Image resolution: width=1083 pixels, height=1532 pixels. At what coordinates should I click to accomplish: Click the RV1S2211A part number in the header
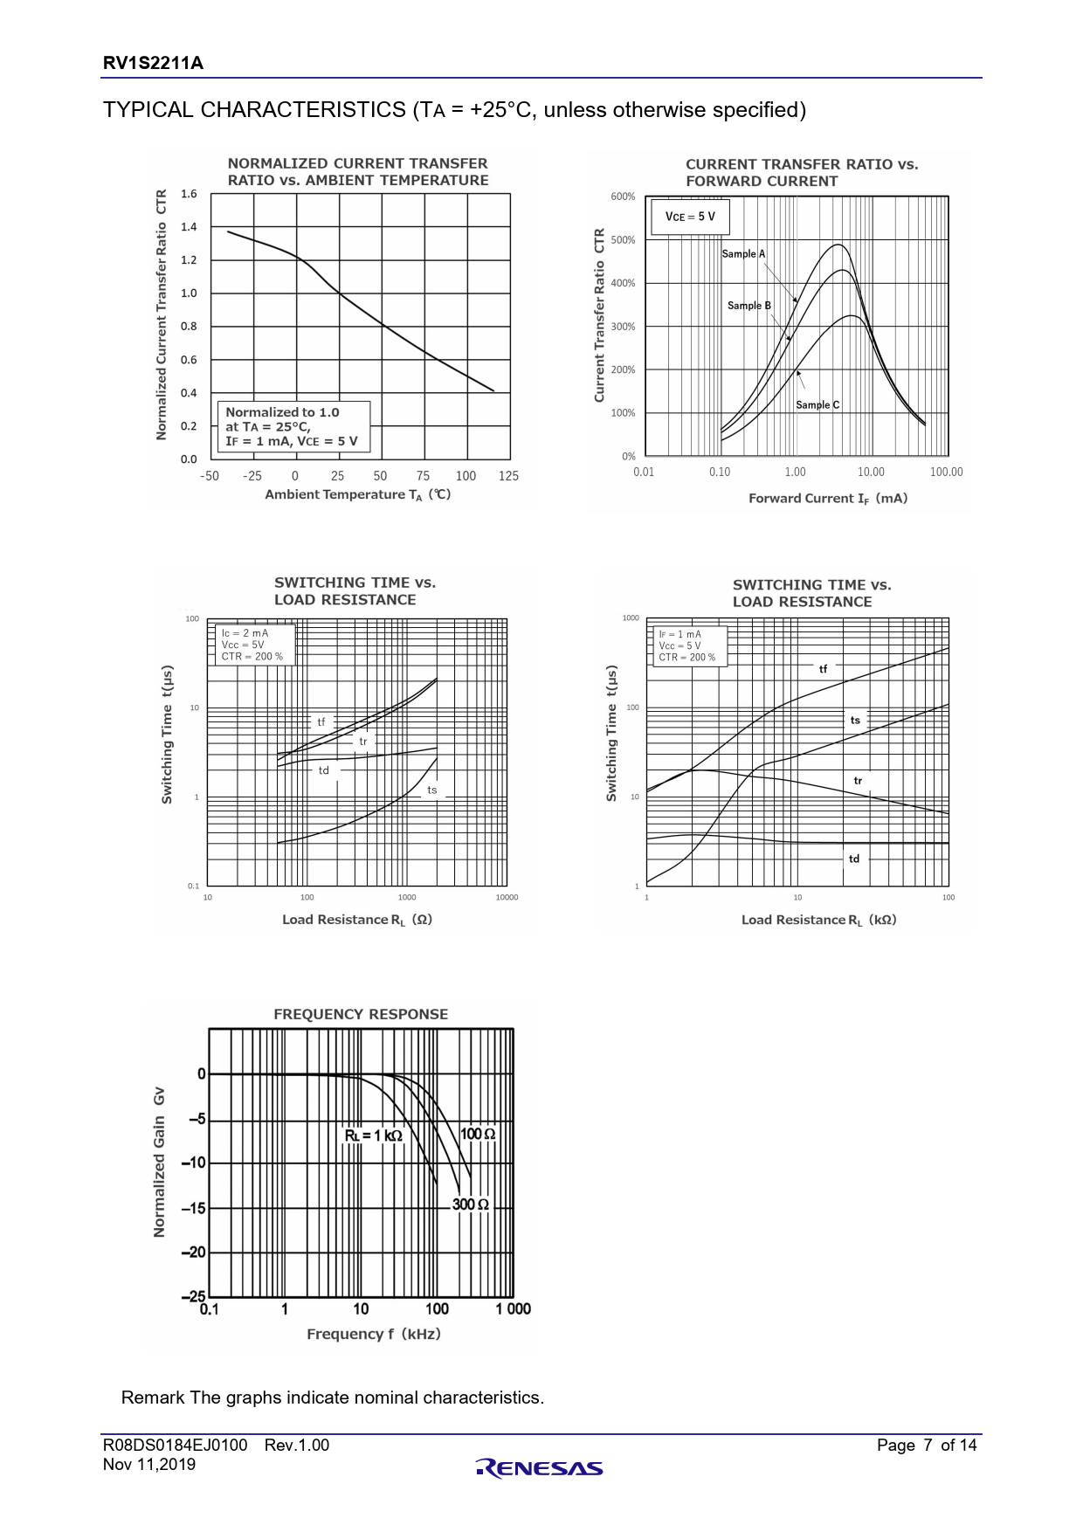(x=153, y=63)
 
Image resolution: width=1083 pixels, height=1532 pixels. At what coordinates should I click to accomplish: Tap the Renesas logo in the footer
(x=540, y=1468)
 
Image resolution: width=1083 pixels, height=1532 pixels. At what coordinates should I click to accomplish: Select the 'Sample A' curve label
(x=743, y=254)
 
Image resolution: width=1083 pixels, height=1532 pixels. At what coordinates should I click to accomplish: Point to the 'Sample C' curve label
(x=817, y=405)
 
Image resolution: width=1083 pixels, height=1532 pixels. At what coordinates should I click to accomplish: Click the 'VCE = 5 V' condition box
(x=690, y=217)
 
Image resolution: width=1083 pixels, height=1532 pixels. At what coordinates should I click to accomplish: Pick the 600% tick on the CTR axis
(x=623, y=197)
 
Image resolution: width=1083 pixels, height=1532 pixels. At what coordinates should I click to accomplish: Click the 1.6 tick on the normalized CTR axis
(x=190, y=194)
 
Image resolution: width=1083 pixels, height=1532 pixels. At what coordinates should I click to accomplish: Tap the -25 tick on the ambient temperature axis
(x=252, y=476)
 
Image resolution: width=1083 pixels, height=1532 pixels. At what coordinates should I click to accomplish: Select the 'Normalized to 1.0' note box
(x=293, y=427)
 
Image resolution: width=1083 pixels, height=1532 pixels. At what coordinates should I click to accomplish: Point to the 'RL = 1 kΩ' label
(x=374, y=1135)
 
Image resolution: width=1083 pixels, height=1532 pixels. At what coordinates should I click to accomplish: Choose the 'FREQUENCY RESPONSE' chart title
(x=361, y=1015)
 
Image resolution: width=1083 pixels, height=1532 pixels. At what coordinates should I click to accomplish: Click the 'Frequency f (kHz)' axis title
(x=374, y=1334)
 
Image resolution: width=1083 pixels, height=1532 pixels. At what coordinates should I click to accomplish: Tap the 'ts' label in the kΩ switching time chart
(x=855, y=721)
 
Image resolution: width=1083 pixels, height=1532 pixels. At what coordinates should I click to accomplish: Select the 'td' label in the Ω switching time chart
(x=324, y=770)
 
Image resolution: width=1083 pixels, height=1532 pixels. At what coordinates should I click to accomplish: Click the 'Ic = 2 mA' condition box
(x=253, y=645)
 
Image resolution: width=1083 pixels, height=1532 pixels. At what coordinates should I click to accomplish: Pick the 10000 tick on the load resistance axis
(x=507, y=897)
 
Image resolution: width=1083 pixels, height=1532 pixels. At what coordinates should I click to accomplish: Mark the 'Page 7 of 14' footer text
(x=927, y=1446)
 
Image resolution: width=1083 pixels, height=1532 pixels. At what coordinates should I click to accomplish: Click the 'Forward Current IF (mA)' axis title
(x=828, y=499)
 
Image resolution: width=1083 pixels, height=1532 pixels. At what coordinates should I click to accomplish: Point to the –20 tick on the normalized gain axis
(x=193, y=1253)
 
